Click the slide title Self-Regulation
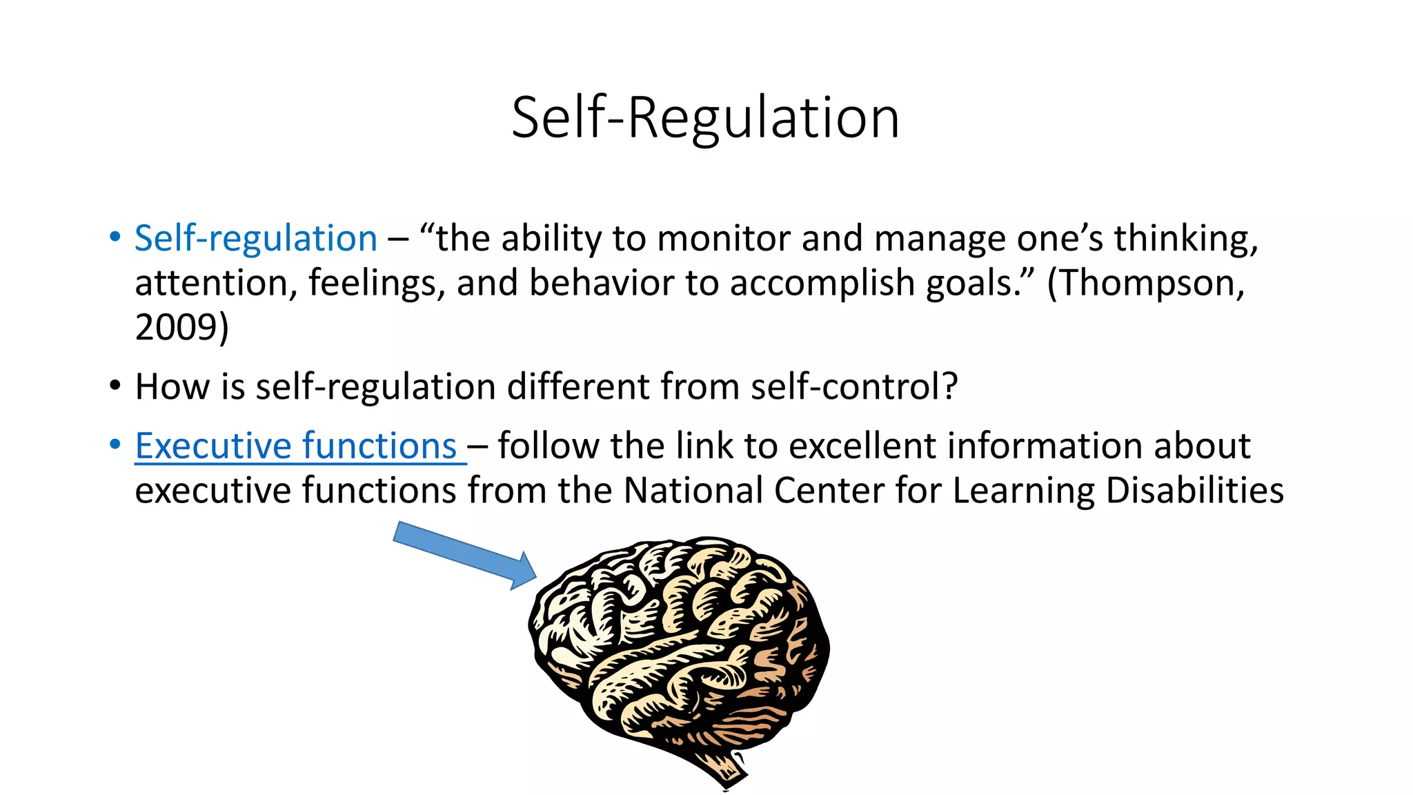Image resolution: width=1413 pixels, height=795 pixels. click(705, 118)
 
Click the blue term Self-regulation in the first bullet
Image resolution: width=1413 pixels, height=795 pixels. click(256, 239)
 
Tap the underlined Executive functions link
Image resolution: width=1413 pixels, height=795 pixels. click(296, 446)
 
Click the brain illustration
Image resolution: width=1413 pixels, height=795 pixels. click(680, 649)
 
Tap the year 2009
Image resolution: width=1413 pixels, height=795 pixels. click(176, 327)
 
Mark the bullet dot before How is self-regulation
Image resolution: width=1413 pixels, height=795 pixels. click(115, 385)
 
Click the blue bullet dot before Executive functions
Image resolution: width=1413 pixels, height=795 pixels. click(115, 444)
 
